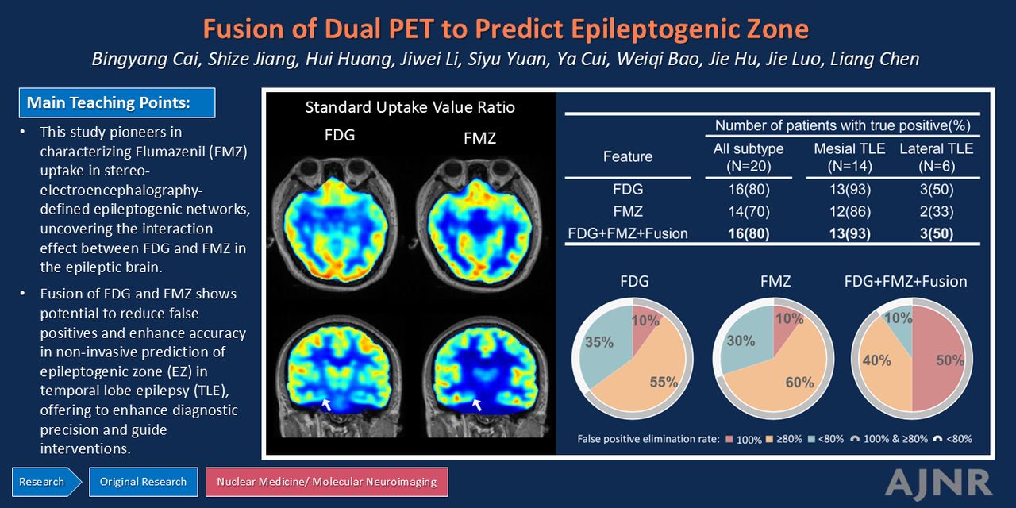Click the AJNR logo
(938, 483)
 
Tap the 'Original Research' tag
(144, 482)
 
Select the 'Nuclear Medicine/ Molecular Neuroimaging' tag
(326, 482)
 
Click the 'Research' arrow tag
(46, 482)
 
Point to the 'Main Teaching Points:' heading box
(117, 103)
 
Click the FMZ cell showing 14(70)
(749, 211)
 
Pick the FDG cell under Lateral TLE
(937, 189)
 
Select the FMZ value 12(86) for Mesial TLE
(850, 211)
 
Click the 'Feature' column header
(628, 156)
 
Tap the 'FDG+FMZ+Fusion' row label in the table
(628, 233)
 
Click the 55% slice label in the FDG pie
(664, 382)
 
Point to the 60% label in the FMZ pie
(799, 383)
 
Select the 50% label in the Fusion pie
(950, 360)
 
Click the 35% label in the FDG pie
(599, 342)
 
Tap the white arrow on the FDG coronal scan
(326, 405)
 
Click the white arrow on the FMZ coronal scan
(476, 405)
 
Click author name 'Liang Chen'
(875, 60)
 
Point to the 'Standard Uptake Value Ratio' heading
(410, 107)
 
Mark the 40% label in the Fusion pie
(877, 360)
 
